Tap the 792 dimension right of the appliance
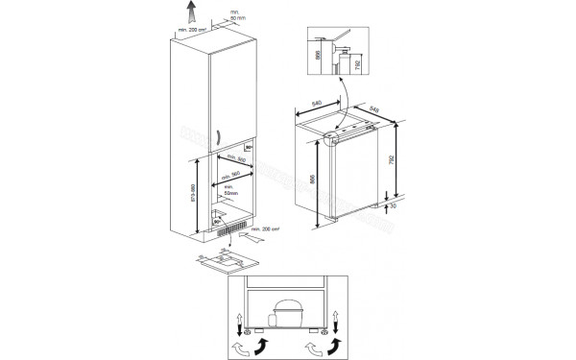[x=391, y=159]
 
